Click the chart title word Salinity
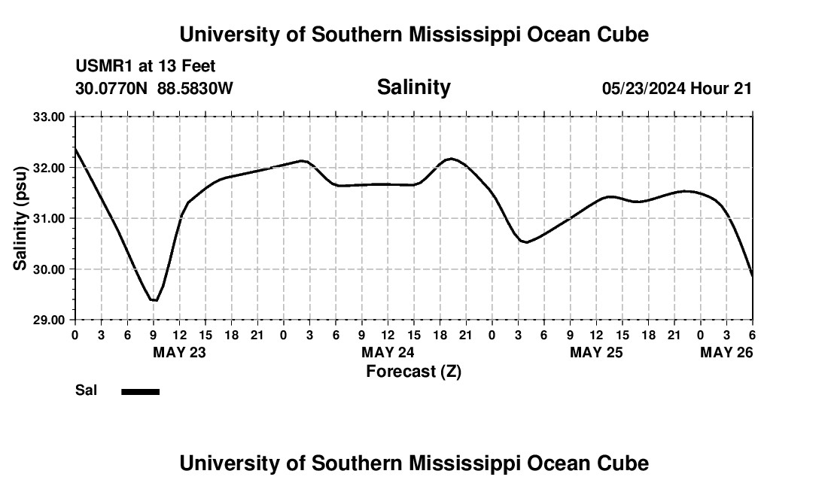click(x=413, y=87)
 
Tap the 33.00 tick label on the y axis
click(x=50, y=117)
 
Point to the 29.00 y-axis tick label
click(x=50, y=320)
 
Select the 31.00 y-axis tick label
click(x=50, y=218)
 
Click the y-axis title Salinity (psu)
click(x=21, y=218)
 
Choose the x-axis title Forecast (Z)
click(x=413, y=371)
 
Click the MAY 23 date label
click(x=179, y=352)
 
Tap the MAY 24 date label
click(x=388, y=352)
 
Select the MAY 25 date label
click(x=596, y=352)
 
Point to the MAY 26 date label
click(x=726, y=352)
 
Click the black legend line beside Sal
click(x=140, y=391)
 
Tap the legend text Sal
click(x=86, y=390)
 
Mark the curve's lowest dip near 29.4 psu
click(x=154, y=300)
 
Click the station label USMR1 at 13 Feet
click(x=145, y=67)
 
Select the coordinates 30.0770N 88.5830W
click(x=154, y=89)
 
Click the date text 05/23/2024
click(x=644, y=89)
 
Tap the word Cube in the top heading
click(x=621, y=35)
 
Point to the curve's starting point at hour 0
click(x=75, y=148)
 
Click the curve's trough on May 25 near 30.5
click(x=526, y=242)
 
